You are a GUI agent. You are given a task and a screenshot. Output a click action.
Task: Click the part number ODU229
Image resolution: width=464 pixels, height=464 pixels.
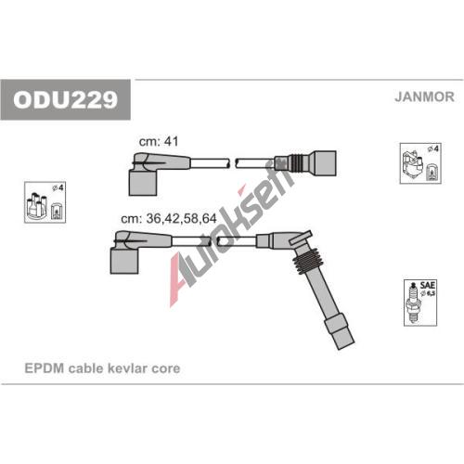65,99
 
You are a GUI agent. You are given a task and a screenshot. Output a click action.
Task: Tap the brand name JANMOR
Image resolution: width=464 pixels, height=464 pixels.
424,97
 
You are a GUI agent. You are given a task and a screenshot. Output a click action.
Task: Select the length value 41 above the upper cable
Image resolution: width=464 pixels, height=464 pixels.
171,141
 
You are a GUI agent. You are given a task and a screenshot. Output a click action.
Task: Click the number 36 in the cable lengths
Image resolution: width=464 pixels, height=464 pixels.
154,219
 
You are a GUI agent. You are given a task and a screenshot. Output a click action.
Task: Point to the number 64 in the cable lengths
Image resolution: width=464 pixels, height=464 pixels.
209,219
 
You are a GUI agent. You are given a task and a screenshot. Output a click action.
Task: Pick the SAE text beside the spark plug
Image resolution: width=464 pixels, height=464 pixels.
428,285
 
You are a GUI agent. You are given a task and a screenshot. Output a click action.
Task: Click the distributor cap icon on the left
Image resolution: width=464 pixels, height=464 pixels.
37,205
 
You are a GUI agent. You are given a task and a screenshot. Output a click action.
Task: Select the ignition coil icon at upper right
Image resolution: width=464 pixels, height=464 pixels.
413,165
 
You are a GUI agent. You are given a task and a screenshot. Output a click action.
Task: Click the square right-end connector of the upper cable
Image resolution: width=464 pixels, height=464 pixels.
325,163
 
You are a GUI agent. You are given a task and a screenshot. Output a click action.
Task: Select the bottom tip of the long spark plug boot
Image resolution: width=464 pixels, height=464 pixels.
347,346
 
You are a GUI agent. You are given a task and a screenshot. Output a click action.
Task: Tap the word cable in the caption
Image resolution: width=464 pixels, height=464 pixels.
85,368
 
